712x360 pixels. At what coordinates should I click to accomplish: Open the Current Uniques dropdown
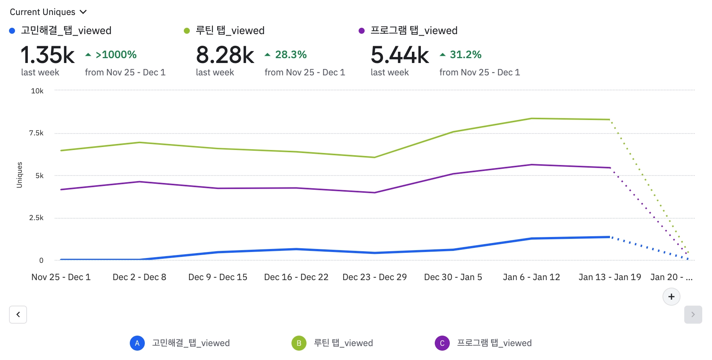coord(48,12)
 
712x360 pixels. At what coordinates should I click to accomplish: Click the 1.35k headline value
coord(48,55)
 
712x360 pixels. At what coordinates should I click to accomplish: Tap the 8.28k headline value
coord(225,55)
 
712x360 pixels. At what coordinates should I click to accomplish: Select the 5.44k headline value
coord(400,55)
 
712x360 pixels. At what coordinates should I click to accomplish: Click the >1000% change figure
coord(116,55)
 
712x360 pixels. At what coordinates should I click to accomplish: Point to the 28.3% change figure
coord(291,55)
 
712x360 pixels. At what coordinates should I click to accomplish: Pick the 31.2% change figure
coord(466,55)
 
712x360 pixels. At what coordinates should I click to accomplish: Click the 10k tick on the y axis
coord(37,91)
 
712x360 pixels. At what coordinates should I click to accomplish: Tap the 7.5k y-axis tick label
coord(36,133)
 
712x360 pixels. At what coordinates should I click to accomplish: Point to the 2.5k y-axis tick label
coord(36,218)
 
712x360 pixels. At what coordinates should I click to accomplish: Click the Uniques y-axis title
coord(20,175)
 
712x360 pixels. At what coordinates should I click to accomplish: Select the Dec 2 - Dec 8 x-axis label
coord(140,277)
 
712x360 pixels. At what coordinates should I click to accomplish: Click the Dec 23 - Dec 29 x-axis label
coord(374,277)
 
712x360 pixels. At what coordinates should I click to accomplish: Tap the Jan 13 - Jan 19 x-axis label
coord(610,277)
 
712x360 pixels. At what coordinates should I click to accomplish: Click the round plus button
coord(671,297)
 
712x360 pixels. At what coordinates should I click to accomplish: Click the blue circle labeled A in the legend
coord(137,343)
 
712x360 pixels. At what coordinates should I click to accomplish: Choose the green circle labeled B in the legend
coord(299,343)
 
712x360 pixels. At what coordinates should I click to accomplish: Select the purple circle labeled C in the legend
coord(442,343)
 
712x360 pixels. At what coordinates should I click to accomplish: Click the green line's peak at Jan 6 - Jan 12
coord(532,118)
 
